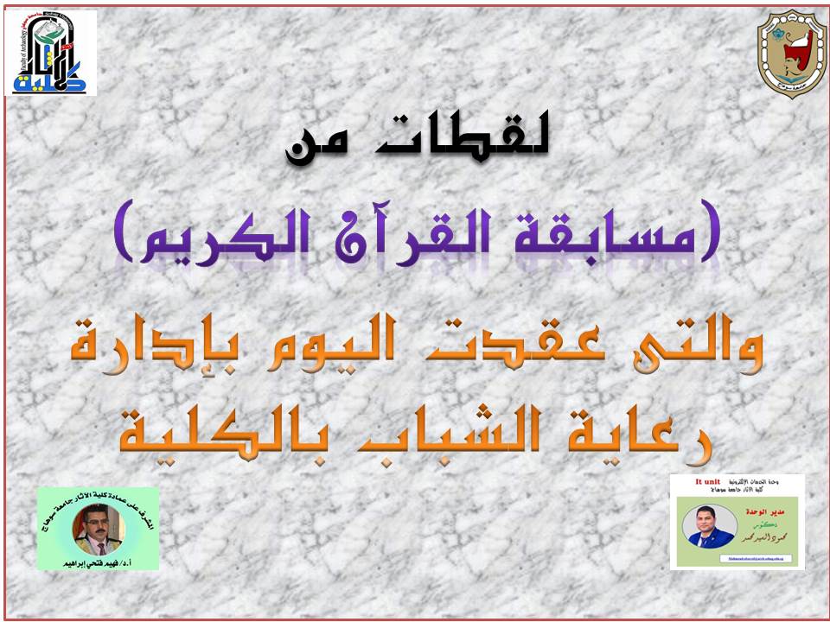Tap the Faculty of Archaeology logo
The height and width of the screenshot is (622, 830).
click(54, 54)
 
